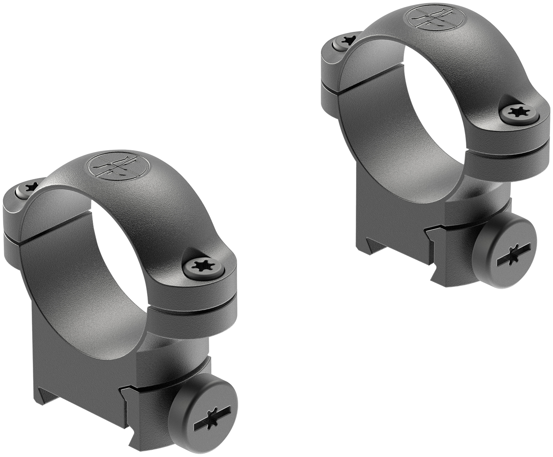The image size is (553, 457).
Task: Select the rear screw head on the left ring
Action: pos(28,188)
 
